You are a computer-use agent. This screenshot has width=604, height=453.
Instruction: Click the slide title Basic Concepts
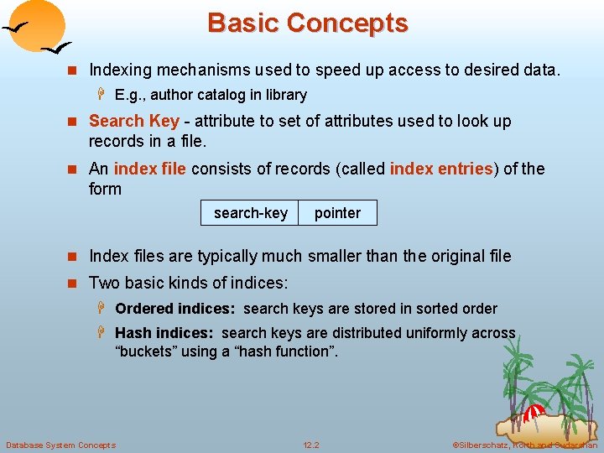click(307, 23)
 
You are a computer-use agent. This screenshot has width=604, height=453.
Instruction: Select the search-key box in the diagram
click(250, 213)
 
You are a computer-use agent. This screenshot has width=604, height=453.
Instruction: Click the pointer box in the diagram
click(337, 213)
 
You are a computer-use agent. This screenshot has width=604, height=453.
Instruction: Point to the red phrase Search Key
click(134, 122)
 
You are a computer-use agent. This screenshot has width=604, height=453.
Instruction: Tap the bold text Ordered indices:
click(176, 309)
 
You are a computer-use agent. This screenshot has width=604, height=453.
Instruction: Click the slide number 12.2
click(310, 445)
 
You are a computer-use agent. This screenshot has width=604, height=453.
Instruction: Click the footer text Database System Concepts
click(60, 445)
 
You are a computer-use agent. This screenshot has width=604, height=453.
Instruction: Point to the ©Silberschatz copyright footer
click(524, 445)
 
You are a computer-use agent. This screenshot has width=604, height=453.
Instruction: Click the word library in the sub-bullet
click(285, 95)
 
